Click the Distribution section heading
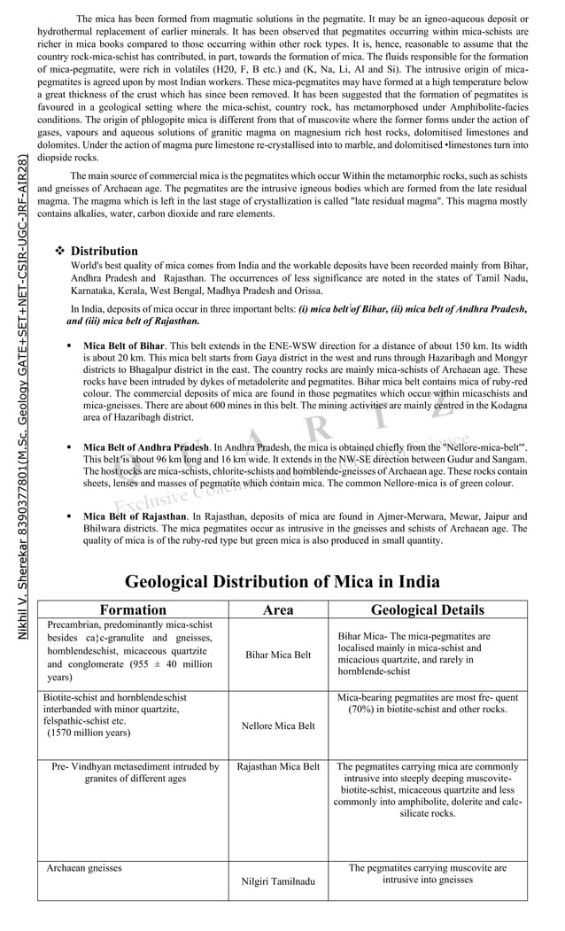tap(104, 252)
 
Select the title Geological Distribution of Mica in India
tap(282, 582)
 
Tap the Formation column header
tap(133, 609)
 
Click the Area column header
tap(278, 609)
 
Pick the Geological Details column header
tap(427, 609)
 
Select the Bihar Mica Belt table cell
tap(278, 655)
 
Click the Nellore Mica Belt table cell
tap(278, 725)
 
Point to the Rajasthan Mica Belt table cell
tap(278, 766)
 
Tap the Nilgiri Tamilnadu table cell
tap(278, 881)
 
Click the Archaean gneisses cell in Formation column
tap(84, 868)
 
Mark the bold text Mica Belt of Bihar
tap(124, 345)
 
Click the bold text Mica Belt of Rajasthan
tap(135, 516)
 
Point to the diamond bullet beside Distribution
tap(60, 252)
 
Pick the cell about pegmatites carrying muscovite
tap(428, 874)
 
